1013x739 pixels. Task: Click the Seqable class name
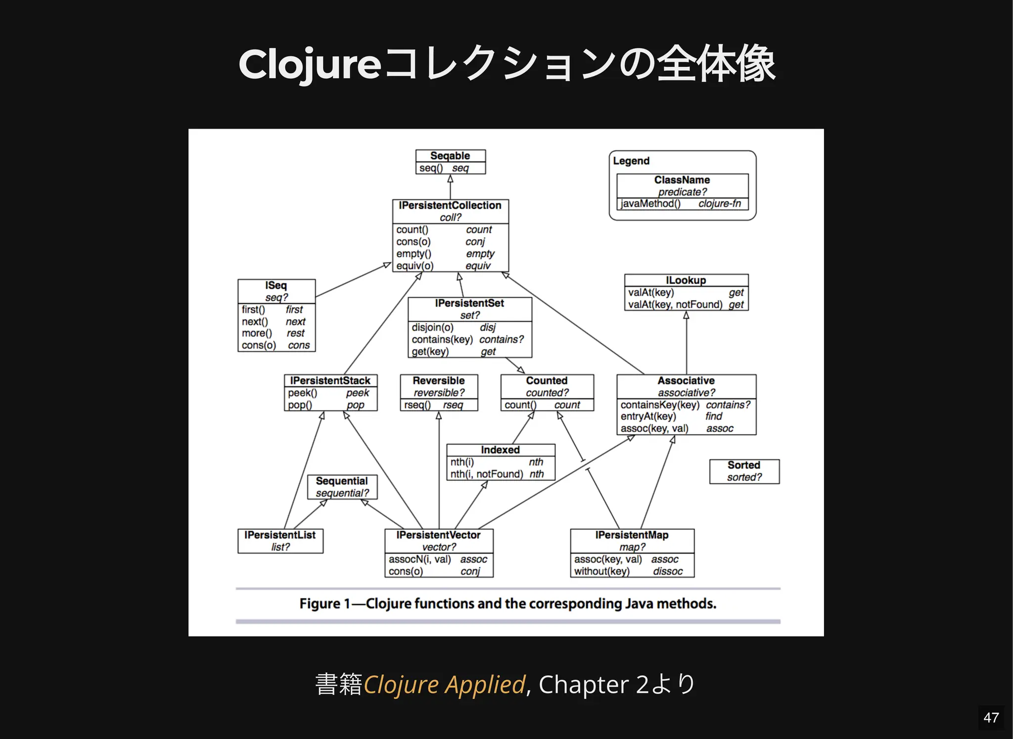pos(450,156)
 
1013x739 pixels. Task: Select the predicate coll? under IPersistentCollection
pos(450,218)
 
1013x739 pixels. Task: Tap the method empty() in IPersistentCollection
pos(414,254)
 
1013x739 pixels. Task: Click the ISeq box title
pos(276,285)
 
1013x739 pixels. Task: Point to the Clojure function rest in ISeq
pos(296,333)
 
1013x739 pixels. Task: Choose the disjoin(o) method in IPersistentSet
pos(432,327)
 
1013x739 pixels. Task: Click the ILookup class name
pos(686,280)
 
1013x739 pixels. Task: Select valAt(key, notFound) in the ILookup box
pos(675,305)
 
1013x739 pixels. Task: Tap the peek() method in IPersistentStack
pos(302,393)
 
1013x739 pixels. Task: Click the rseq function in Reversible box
pos(453,405)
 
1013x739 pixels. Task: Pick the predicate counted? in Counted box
pos(547,393)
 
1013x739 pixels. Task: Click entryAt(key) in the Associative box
pos(648,416)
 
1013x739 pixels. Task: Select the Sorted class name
pos(743,465)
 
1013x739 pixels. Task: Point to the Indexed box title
pos(500,450)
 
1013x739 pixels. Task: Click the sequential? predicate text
pos(342,493)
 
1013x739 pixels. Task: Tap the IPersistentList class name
pos(280,535)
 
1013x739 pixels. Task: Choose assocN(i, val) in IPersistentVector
pos(419,559)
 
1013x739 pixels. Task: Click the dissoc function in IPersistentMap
pos(667,572)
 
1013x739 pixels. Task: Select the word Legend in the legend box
pos(631,161)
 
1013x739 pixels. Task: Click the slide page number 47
pos(991,718)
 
